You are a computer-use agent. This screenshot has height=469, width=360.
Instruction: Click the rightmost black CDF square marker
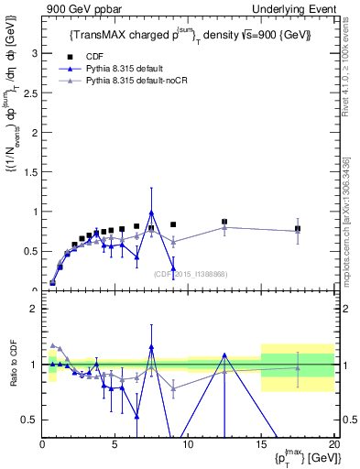point(298,228)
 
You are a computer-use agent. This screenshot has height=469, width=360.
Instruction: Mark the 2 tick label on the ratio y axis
point(35,309)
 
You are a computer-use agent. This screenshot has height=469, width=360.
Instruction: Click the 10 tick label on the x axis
point(188,444)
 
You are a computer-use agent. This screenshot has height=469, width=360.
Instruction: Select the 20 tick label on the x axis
point(333,444)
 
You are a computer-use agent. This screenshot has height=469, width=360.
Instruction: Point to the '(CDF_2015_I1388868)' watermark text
point(190,274)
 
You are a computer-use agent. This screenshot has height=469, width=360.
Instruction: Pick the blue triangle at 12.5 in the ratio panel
point(224,354)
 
